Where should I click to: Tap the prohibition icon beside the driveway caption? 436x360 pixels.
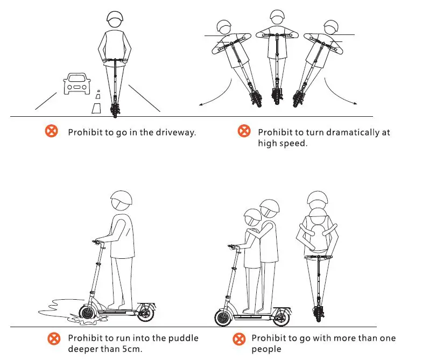click(x=51, y=131)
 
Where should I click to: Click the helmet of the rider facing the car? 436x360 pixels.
click(x=115, y=20)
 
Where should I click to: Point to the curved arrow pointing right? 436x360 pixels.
click(x=341, y=94)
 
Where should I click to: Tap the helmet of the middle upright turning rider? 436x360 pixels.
click(x=277, y=17)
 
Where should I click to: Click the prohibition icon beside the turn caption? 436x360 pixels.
click(x=244, y=131)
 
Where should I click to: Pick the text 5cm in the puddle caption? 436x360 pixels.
click(x=130, y=349)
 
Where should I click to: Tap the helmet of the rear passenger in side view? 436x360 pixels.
click(x=269, y=207)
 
